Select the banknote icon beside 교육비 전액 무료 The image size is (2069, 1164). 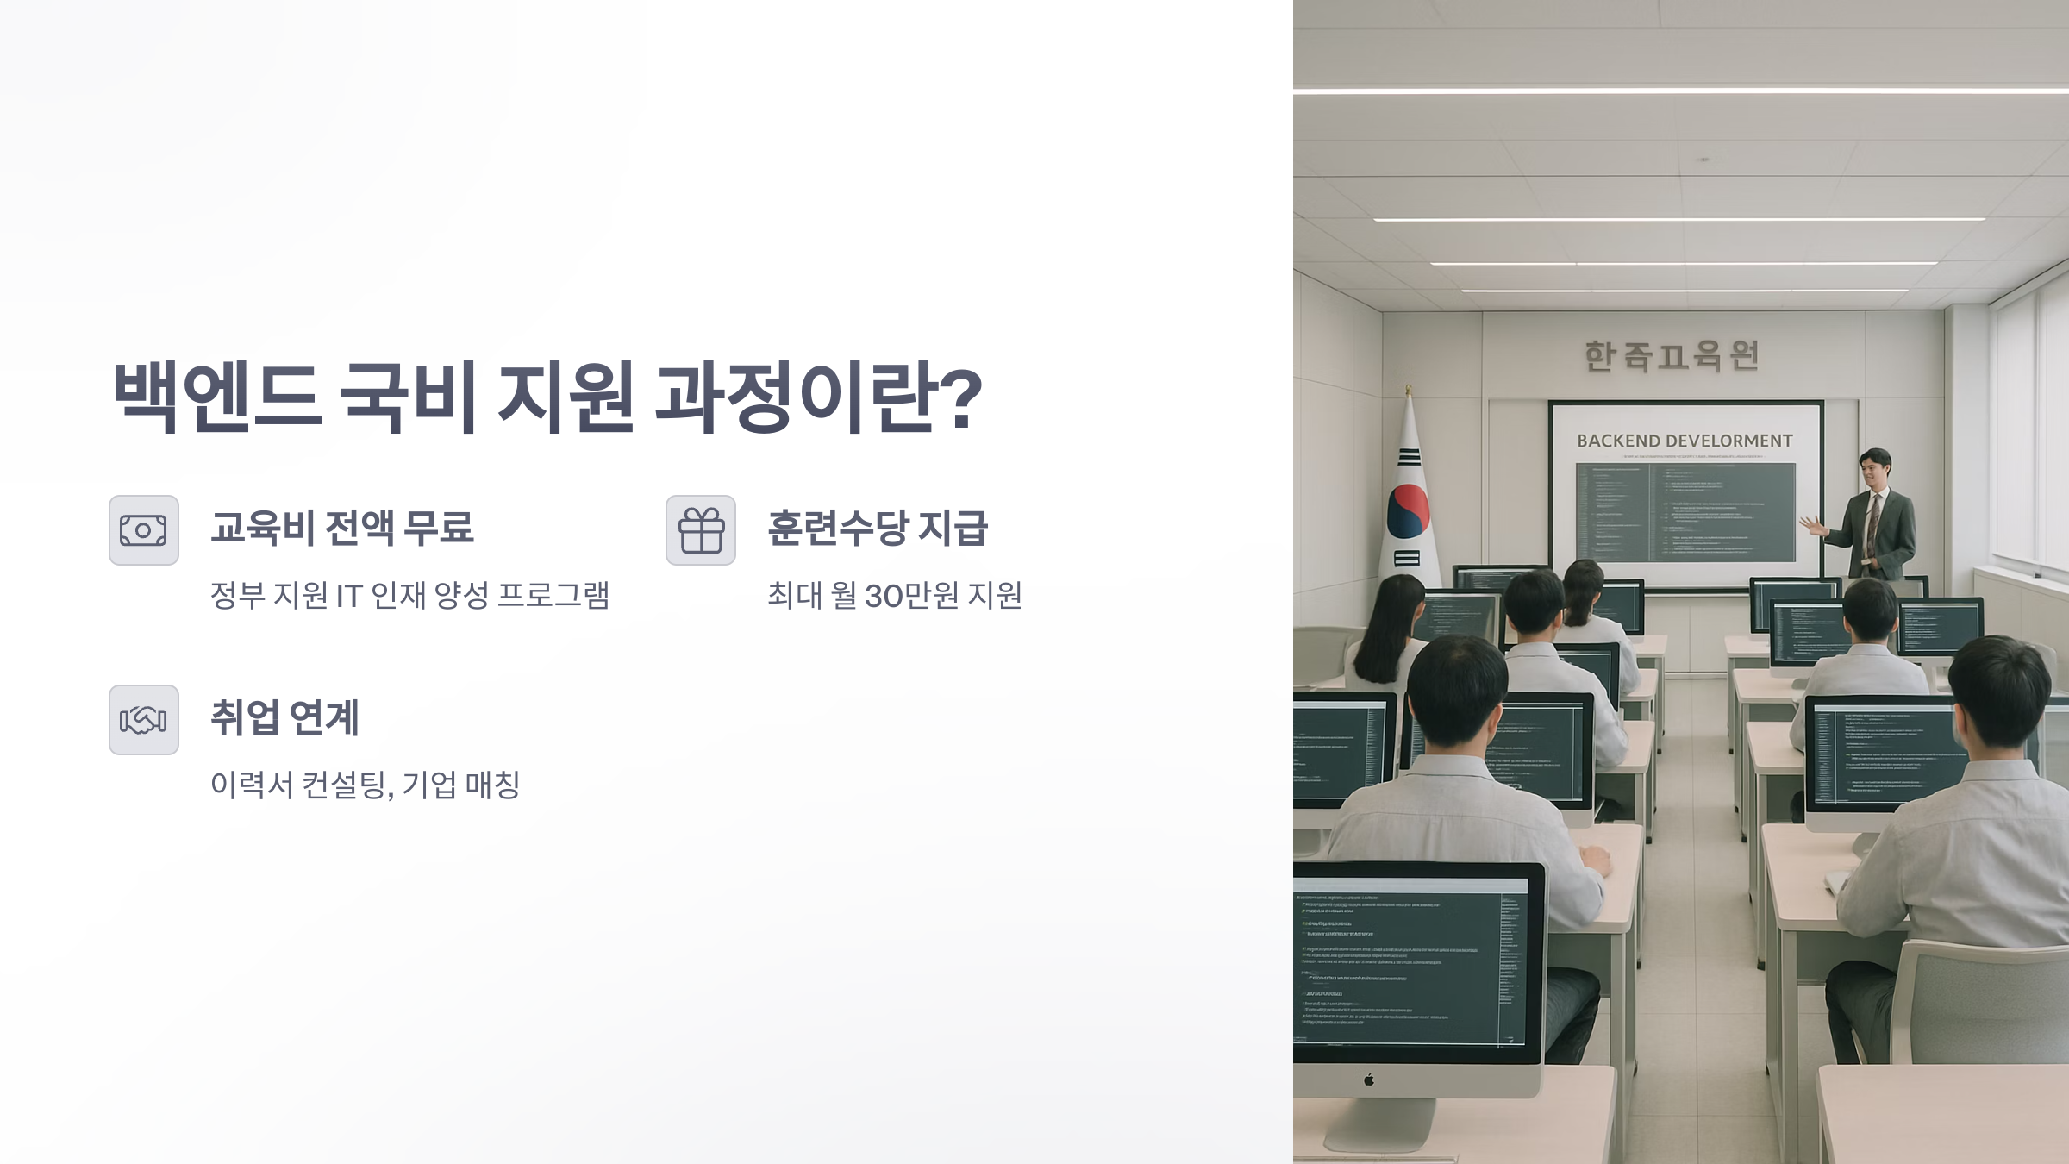tap(144, 530)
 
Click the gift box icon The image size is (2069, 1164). tap(701, 530)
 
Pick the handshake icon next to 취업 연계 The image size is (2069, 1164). tap(144, 720)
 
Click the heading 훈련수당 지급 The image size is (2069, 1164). tap(878, 528)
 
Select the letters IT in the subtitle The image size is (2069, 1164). tap(349, 596)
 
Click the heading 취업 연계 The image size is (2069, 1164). tap(284, 717)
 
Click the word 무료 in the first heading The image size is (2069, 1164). tap(440, 528)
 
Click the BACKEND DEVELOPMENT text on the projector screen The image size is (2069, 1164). tap(1685, 441)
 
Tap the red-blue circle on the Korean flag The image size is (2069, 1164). tap(1409, 510)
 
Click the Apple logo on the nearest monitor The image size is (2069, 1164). tap(1369, 1080)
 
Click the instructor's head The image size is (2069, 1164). tap(1874, 468)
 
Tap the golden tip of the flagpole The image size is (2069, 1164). tap(1409, 391)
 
